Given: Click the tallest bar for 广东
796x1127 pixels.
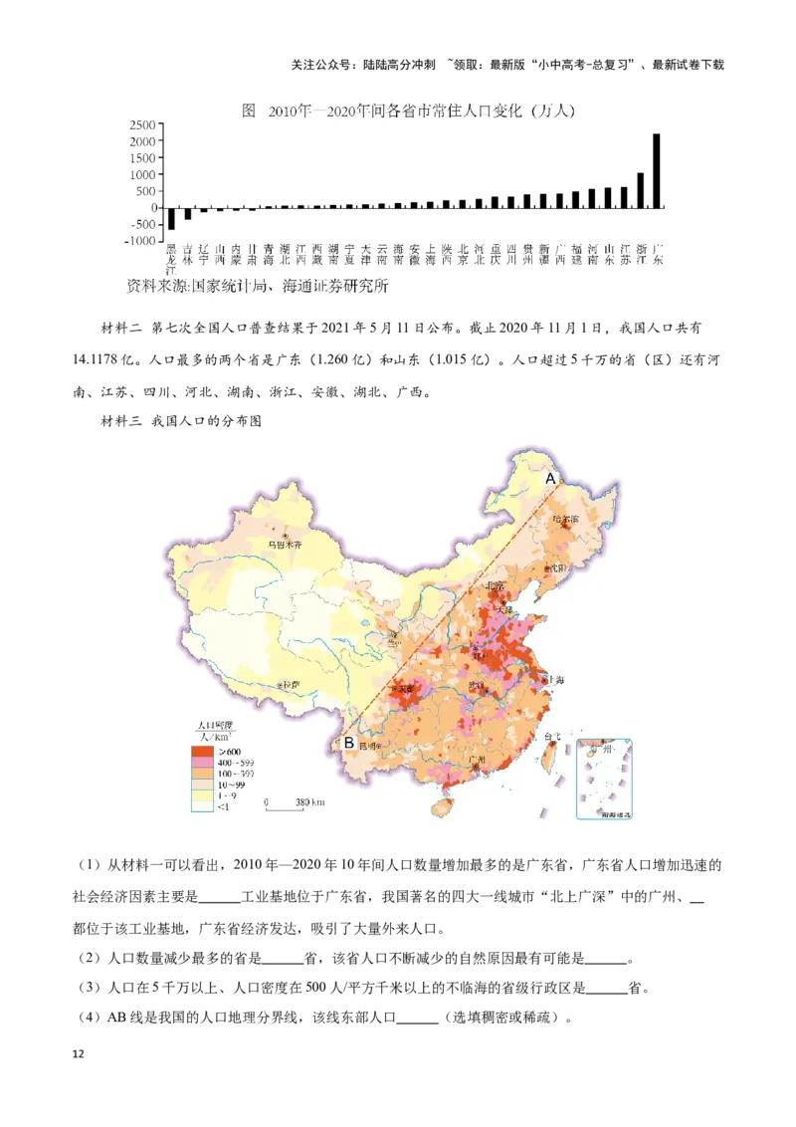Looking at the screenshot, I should [x=657, y=170].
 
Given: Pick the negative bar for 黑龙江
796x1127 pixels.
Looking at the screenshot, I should [x=171, y=218].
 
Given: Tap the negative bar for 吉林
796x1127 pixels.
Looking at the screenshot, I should [x=187, y=213].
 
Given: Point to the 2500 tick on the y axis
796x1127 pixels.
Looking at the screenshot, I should [x=142, y=125].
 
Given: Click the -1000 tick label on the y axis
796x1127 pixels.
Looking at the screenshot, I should [x=140, y=241].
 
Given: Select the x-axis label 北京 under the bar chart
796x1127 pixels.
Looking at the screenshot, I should [x=463, y=255].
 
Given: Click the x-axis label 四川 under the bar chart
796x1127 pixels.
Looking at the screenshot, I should [x=511, y=255].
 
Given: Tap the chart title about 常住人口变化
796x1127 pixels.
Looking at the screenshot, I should [x=409, y=112].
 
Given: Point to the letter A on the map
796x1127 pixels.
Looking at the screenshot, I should [x=548, y=479].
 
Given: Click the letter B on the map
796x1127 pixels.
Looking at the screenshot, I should [x=349, y=742].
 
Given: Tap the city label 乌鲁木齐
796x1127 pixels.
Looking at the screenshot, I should [x=284, y=544].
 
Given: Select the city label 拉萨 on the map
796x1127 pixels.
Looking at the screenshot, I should [x=291, y=685].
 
